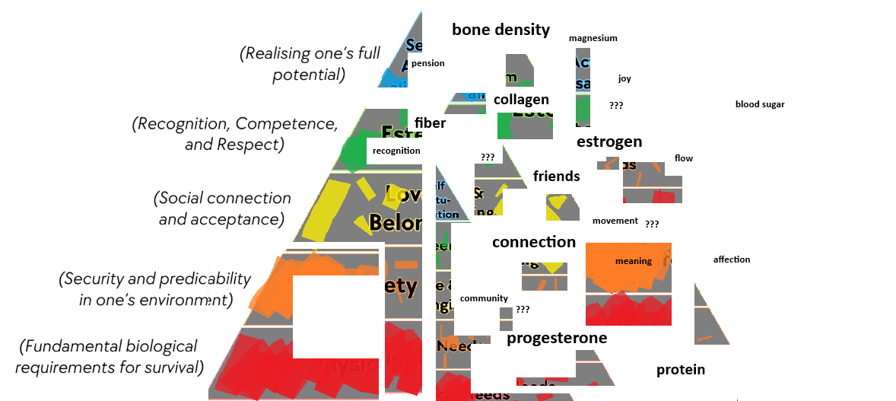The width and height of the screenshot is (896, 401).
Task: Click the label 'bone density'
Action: point(500,30)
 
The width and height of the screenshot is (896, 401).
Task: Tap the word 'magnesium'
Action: point(593,38)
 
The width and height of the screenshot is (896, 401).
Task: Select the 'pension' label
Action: point(427,63)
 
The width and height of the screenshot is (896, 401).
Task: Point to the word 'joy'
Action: point(624,78)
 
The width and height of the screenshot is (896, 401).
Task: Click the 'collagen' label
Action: point(521,100)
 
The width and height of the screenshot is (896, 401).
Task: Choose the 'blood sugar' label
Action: point(759,104)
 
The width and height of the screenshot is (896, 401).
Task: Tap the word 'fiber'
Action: point(431,122)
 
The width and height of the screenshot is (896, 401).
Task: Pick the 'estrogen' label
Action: point(609,142)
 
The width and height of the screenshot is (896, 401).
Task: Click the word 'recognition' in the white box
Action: point(396,151)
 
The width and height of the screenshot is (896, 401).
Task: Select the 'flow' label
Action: point(684,158)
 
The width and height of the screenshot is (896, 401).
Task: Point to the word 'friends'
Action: point(556,177)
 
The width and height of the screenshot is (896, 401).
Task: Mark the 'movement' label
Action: point(615,221)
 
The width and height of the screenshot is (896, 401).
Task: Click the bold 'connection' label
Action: point(534,242)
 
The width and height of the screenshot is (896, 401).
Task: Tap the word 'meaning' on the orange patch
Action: point(633,261)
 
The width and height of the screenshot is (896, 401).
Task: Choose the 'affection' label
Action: point(732,259)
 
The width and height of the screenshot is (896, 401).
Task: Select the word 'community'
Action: point(484,298)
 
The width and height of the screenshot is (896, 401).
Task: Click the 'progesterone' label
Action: point(557,338)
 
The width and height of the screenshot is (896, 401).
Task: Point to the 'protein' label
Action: point(681,370)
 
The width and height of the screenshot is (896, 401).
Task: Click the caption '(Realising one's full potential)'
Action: point(309,64)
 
